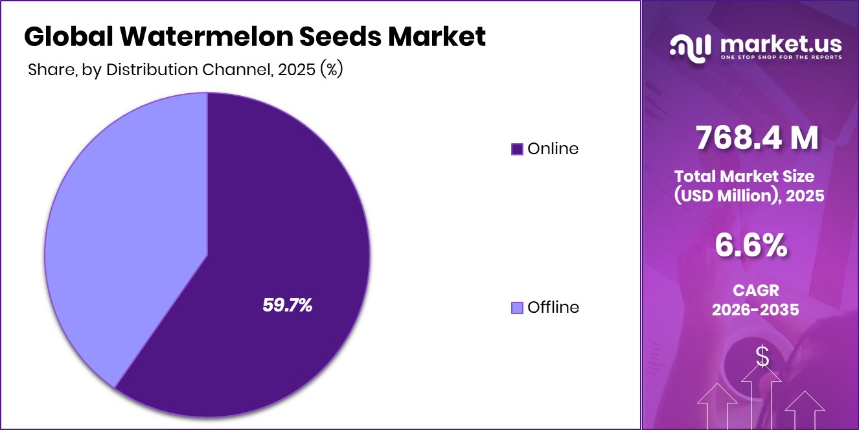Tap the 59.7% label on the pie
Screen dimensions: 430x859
(x=288, y=306)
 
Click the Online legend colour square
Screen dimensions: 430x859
(x=517, y=149)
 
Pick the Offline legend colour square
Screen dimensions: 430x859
(x=517, y=308)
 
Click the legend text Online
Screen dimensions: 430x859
(x=553, y=149)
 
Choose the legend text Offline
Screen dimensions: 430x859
(x=553, y=308)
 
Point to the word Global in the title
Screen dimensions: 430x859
(x=63, y=37)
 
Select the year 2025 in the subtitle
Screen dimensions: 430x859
(x=296, y=70)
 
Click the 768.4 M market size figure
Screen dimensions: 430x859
(x=757, y=138)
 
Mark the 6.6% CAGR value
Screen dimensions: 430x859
(x=751, y=245)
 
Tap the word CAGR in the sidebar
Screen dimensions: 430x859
(x=755, y=289)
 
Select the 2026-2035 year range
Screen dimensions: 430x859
(x=755, y=310)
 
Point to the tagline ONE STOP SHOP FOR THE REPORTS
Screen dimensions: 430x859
(x=781, y=58)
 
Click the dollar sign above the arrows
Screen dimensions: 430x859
(x=762, y=356)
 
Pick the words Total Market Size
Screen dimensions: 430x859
(x=744, y=176)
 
